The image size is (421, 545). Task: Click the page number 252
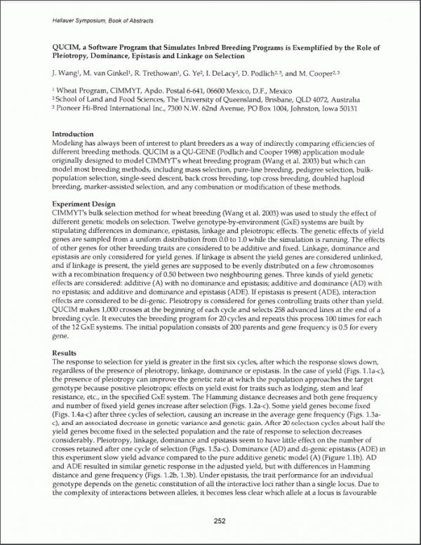point(210,521)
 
